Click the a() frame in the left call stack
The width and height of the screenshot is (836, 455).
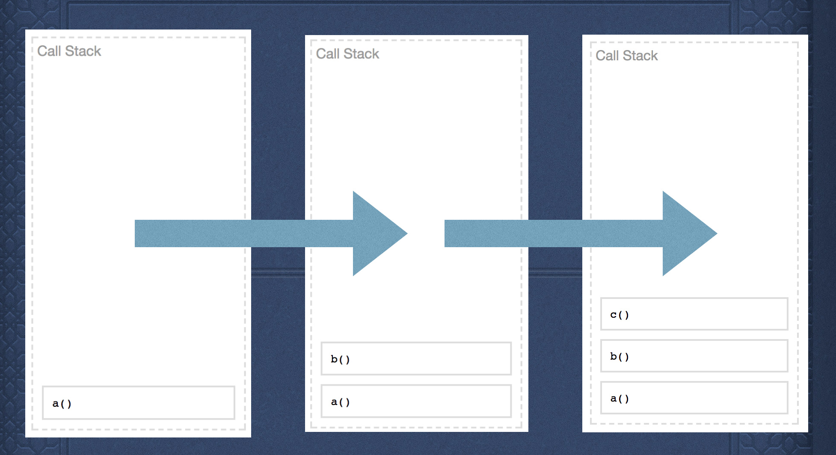[x=138, y=402]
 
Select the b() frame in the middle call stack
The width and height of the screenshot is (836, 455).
[x=416, y=358]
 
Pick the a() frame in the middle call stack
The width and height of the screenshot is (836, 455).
[x=416, y=401]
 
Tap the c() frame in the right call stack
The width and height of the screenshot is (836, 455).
[x=694, y=314]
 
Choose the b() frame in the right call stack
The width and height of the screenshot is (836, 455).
[x=694, y=356]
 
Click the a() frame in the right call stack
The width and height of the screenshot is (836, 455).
[x=694, y=398]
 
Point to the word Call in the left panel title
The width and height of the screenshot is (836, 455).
[x=49, y=51]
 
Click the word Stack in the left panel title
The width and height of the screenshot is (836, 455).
[x=83, y=51]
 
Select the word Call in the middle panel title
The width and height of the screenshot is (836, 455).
[x=328, y=53]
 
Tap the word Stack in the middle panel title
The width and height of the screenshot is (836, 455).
[x=362, y=53]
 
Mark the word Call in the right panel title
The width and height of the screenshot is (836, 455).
[x=608, y=56]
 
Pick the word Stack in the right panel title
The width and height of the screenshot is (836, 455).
[x=640, y=56]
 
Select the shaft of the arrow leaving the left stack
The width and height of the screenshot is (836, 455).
[x=244, y=233]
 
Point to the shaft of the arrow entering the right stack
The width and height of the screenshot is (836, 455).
[x=554, y=233]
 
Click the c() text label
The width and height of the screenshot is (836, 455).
[x=620, y=315]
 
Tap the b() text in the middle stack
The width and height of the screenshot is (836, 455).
[x=341, y=359]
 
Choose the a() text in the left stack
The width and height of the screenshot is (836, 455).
[x=62, y=404]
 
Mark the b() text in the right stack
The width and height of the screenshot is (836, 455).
[x=620, y=357]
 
